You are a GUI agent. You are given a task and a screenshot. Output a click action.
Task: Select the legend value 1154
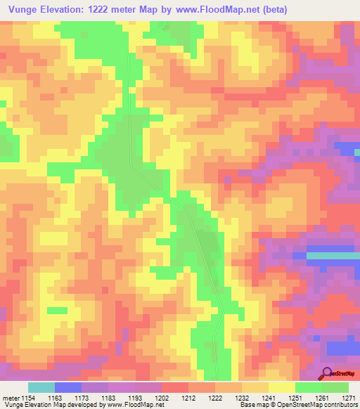[x=28, y=398]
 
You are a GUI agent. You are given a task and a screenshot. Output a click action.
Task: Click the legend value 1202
[x=162, y=398]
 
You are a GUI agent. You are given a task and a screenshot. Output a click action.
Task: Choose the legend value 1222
[x=215, y=398]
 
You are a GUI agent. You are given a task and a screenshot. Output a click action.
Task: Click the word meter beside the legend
[x=11, y=398]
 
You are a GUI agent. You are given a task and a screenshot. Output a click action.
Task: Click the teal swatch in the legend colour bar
[x=41, y=387]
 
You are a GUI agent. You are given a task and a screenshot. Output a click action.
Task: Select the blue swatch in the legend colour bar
[x=68, y=387]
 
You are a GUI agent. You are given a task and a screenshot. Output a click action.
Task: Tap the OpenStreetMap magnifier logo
[x=328, y=373]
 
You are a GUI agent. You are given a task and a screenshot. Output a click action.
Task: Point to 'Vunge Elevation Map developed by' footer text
[x=52, y=405]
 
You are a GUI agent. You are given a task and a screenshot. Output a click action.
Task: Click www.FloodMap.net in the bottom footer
[x=134, y=405]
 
